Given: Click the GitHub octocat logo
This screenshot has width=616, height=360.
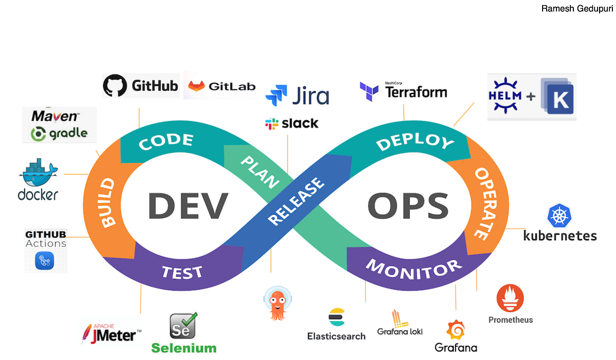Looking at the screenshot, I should pos(114,85).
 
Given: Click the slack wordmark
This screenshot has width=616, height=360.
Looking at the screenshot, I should pos(300,123).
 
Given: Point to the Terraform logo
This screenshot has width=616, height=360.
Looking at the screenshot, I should pos(403,91).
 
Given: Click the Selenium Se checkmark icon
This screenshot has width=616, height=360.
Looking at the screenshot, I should pos(183,326).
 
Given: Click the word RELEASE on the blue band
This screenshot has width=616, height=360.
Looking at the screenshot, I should pos(297,202).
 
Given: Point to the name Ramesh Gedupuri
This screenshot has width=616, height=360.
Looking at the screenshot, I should pos(576,9).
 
